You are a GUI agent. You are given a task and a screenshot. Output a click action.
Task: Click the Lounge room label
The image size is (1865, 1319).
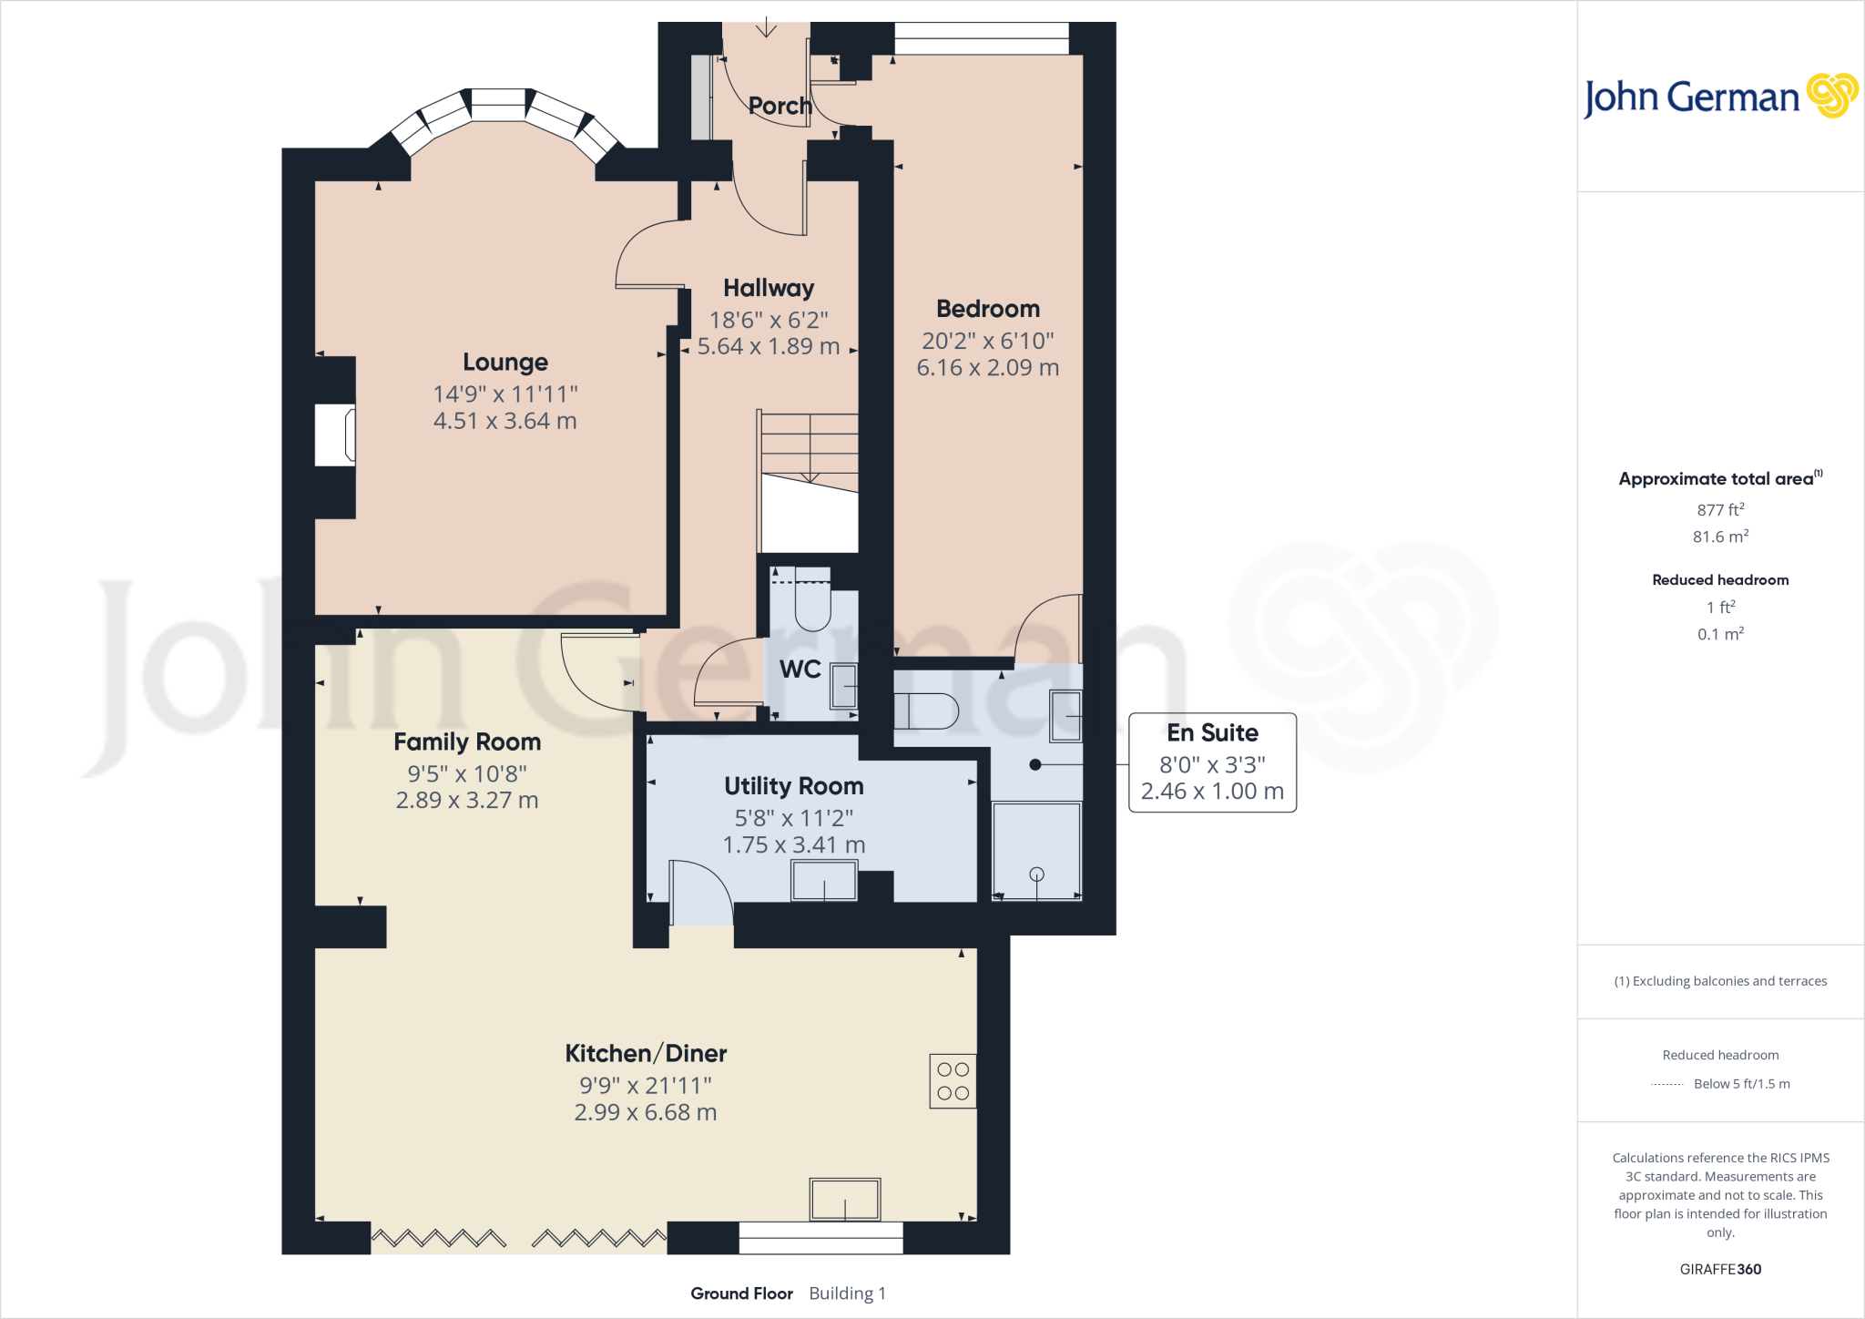point(505,362)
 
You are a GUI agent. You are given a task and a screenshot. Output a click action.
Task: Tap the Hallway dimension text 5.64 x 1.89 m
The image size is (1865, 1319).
point(768,347)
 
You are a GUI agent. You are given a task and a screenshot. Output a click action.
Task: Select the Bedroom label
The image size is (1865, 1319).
point(987,309)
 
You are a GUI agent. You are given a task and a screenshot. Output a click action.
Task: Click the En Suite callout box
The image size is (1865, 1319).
point(1212,762)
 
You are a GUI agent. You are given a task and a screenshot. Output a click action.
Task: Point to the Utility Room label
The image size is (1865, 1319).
point(793,786)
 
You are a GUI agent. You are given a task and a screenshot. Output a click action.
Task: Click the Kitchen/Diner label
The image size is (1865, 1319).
point(646,1054)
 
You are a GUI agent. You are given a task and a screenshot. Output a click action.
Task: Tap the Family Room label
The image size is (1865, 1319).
point(467,742)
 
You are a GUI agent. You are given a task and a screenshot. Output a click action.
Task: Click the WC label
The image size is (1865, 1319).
point(800,670)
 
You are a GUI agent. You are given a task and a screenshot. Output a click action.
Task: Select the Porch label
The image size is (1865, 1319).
point(780,106)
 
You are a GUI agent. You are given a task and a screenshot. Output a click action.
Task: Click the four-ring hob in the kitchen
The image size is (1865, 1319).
point(953,1081)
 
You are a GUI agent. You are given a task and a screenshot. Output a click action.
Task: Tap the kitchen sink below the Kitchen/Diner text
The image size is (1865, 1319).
point(845,1199)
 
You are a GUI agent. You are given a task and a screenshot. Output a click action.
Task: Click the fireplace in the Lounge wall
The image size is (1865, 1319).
point(335,435)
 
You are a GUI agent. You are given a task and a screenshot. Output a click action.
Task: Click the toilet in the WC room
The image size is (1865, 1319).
point(812,601)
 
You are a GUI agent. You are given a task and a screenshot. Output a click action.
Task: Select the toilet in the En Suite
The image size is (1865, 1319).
point(926,711)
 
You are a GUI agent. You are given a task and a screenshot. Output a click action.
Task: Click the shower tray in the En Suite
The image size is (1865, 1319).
point(1036,851)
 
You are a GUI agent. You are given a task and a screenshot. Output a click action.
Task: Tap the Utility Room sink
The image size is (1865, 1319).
point(823,881)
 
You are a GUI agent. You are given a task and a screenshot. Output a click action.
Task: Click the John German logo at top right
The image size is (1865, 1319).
point(1719,97)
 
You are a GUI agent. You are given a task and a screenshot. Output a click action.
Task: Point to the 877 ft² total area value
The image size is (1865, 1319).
point(1720,510)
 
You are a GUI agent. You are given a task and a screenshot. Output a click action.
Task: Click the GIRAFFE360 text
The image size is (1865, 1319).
point(1720,1269)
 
